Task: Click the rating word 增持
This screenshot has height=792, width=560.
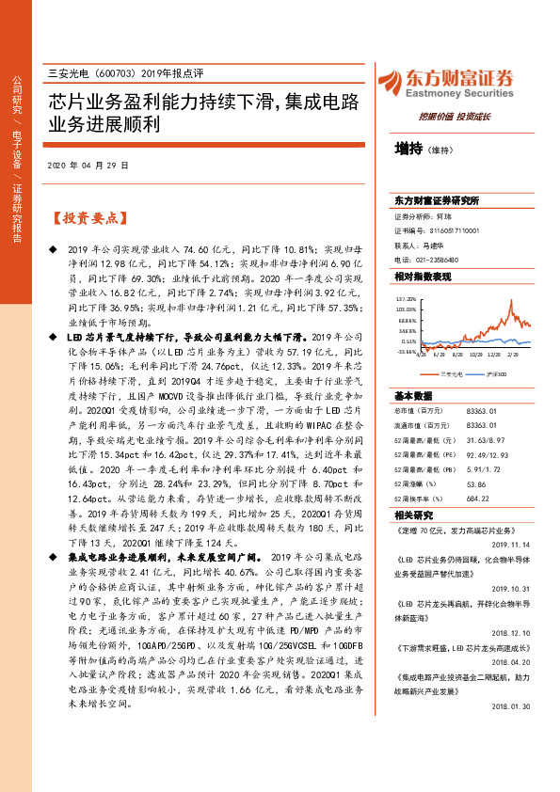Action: click(x=408, y=148)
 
